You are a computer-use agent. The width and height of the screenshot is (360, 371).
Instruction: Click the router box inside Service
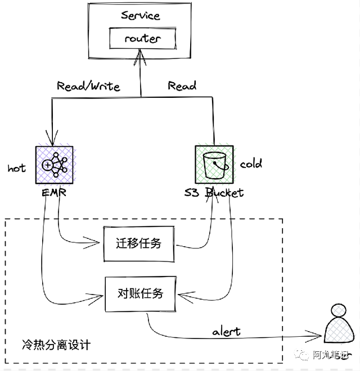142,39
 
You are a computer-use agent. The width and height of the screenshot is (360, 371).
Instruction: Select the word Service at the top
141,15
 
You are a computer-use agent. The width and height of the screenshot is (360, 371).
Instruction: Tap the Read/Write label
88,86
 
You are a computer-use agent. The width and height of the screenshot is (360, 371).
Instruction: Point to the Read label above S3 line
182,86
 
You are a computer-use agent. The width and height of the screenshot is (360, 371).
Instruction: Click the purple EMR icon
54,164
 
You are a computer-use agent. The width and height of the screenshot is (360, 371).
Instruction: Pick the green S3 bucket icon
214,164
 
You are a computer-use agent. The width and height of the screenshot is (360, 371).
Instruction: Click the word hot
17,168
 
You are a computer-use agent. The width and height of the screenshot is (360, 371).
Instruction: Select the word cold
251,164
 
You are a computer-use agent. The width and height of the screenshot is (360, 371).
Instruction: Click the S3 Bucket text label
214,193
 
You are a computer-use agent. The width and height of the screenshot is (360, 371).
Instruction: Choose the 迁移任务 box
139,243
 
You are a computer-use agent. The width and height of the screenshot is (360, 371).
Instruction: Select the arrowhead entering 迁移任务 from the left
99,243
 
